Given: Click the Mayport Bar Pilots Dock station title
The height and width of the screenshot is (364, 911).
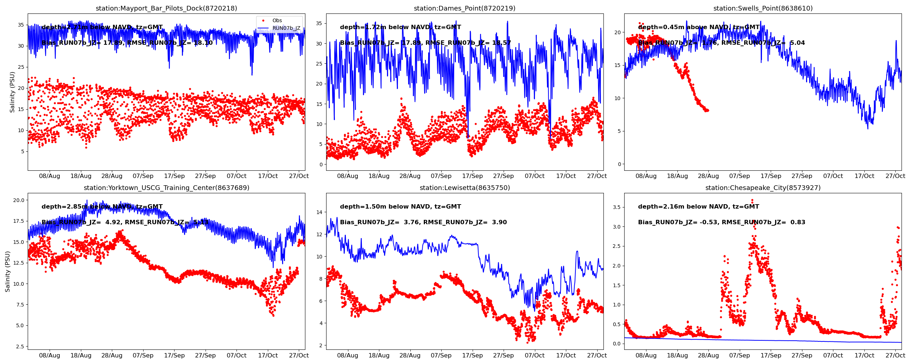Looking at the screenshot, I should click(166, 8).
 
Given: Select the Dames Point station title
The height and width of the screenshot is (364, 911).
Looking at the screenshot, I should click(464, 8).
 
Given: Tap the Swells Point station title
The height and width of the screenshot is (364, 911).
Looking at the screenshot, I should click(763, 8).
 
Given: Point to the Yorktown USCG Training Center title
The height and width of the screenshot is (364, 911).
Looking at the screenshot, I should click(166, 188).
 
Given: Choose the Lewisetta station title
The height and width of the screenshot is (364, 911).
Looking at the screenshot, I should click(464, 188).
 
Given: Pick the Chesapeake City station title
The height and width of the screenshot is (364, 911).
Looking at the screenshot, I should click(763, 188).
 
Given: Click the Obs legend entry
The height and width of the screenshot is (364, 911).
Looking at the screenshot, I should click(277, 21).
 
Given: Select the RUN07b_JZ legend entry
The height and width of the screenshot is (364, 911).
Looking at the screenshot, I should click(286, 28).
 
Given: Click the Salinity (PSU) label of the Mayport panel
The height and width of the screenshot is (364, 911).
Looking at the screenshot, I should click(12, 92).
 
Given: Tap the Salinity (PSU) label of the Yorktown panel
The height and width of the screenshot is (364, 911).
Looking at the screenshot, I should click(8, 271).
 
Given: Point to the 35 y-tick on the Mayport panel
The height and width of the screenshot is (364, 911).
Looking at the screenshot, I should click(21, 25).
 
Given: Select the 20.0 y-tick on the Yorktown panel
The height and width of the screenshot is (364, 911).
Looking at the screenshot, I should click(19, 200).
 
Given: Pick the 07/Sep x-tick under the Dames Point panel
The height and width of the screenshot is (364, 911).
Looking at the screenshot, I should click(441, 176).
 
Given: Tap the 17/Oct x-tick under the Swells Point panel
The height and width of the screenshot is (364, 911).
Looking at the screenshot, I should click(864, 176).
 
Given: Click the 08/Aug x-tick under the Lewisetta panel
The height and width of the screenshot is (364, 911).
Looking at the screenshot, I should click(348, 356).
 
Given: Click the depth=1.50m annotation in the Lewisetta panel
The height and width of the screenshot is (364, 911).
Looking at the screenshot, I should click(400, 207).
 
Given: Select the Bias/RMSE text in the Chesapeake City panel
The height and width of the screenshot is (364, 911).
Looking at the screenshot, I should click(722, 222).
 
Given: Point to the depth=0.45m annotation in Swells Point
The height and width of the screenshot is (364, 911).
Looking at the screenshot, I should click(699, 27).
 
